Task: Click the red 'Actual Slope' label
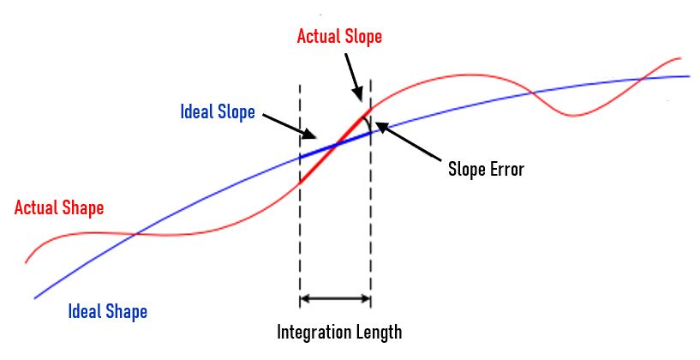pos(339,37)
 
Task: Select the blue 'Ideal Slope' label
pos(218,112)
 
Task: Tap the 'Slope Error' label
pos(486,169)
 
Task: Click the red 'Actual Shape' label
pos(59,208)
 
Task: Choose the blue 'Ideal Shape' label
pos(108,311)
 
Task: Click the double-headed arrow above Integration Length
pos(335,299)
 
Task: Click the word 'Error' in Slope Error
pos(505,169)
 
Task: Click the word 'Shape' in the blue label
pos(126,311)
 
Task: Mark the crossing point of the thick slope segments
pos(334,146)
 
